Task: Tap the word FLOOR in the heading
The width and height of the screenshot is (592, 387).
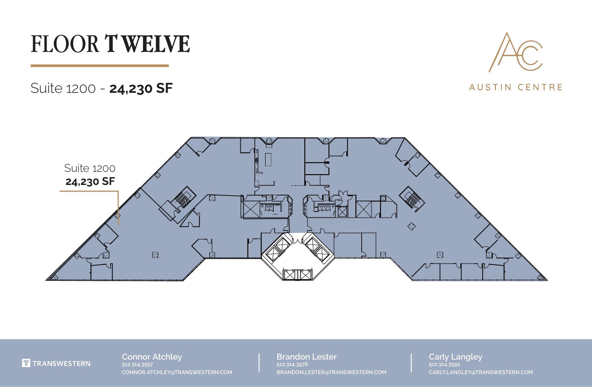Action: pos(65,44)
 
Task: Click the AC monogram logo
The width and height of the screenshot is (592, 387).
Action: pos(515,52)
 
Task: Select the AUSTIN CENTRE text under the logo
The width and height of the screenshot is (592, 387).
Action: pos(516,87)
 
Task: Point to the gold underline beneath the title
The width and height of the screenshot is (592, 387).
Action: pos(99,66)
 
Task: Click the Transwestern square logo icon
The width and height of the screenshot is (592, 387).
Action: pos(26,363)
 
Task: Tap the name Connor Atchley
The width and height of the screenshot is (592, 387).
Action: pos(152,357)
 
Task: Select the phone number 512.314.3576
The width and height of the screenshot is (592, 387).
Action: pos(292,364)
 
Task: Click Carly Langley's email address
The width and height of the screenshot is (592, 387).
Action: pos(480,372)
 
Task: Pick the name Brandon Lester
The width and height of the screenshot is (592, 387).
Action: pos(306,357)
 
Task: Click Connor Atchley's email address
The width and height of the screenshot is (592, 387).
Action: pos(177,372)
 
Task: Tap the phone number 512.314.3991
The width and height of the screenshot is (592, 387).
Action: pos(444,364)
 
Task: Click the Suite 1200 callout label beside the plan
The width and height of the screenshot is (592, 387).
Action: pos(90,168)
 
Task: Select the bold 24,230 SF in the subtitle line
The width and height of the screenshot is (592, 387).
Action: pos(141,88)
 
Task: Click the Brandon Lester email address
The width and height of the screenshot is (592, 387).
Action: pos(331,372)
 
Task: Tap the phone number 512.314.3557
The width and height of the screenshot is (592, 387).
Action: pos(137,364)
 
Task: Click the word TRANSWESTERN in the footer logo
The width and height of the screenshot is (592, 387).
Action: pos(61,363)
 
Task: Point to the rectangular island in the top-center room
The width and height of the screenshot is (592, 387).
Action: pos(268,160)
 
